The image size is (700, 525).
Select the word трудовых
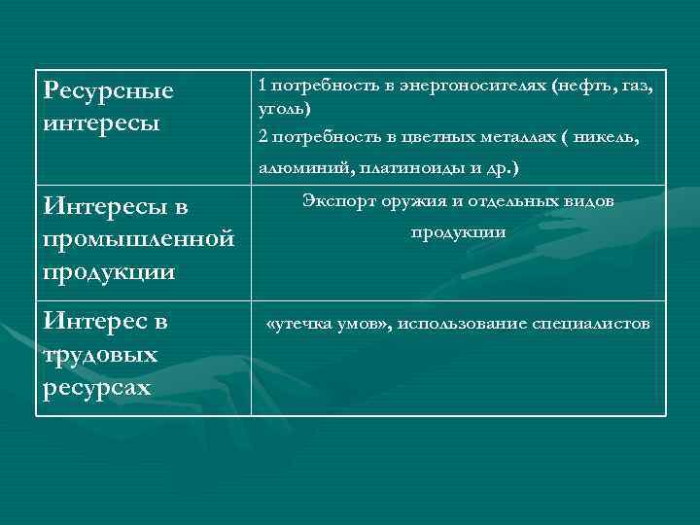(100, 355)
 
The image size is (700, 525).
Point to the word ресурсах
(97, 387)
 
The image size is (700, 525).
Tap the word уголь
(284, 107)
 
